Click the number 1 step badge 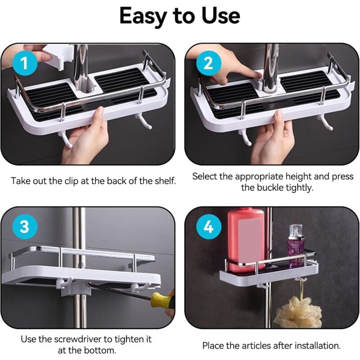[24, 63]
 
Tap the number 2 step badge [208, 63]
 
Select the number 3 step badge [24, 226]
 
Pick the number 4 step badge [208, 226]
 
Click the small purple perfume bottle [297, 245]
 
